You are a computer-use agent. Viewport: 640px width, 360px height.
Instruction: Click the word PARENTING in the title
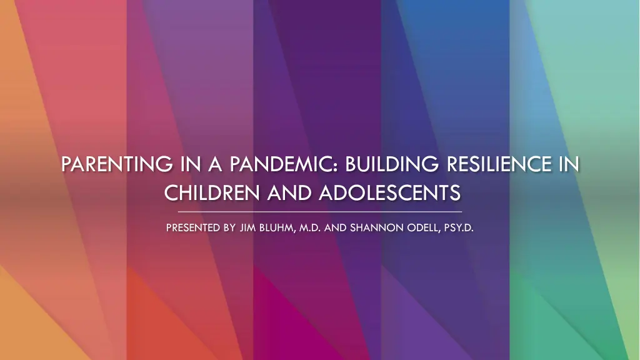[117, 164]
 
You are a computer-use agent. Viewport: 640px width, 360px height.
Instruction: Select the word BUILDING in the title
[392, 164]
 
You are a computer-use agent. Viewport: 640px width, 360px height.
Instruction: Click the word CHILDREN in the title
[212, 192]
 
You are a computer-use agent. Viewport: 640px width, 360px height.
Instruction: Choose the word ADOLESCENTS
[390, 192]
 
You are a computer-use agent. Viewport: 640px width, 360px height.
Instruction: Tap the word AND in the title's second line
[290, 192]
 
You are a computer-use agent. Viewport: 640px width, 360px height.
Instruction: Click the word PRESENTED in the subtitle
[193, 227]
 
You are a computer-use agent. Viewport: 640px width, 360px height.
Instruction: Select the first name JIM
[247, 227]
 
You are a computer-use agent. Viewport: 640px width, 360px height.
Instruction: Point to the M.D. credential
[310, 227]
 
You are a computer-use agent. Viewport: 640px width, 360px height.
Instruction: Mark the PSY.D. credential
[459, 227]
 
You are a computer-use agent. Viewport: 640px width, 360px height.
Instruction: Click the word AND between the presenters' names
[336, 227]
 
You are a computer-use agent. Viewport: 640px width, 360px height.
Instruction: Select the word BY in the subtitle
[230, 227]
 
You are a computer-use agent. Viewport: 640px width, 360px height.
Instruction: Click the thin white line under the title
[320, 212]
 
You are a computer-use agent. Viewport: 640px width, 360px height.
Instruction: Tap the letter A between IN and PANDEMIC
[215, 164]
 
